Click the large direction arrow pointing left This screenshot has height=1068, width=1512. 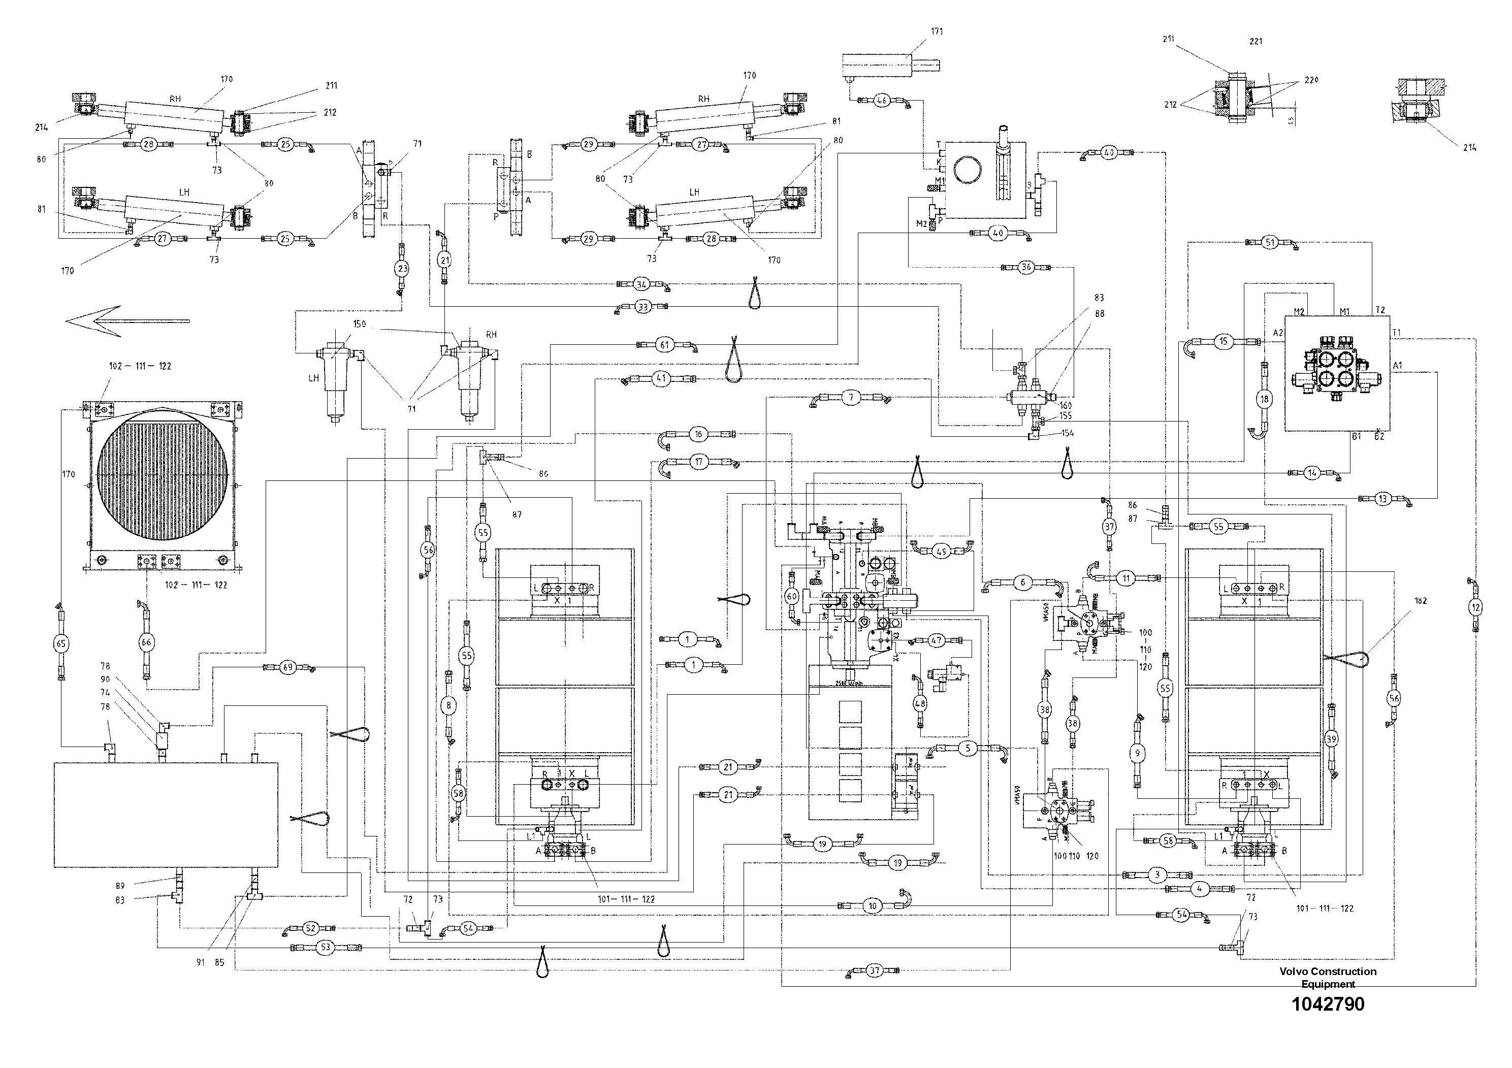125,321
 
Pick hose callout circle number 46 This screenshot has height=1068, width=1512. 882,101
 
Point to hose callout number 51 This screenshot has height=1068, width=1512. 1270,242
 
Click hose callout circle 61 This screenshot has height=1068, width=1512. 664,344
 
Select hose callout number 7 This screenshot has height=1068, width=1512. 851,397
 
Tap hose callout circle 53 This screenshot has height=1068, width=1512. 325,948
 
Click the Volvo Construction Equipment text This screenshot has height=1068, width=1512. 1328,977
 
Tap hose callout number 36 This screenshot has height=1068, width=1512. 1026,267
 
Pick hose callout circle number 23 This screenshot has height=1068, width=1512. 402,269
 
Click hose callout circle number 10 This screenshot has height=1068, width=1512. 873,906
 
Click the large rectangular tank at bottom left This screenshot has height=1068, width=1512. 165,814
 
